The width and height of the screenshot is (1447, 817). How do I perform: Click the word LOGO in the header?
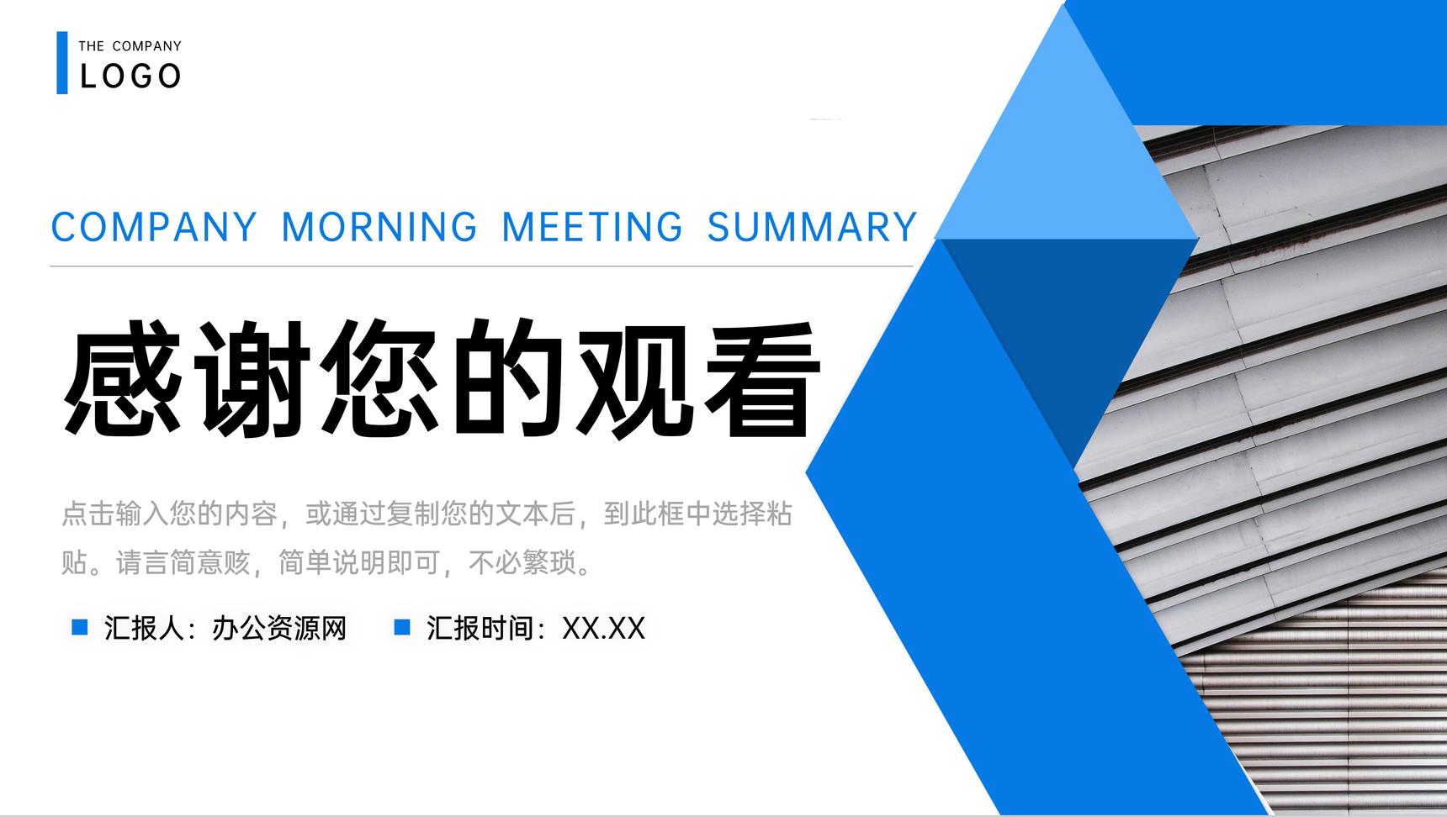coord(130,76)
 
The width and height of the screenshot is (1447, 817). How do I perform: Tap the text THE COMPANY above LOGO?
coord(130,46)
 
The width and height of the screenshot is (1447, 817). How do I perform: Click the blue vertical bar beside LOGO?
coord(62,63)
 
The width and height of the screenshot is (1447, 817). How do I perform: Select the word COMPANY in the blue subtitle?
coord(154,227)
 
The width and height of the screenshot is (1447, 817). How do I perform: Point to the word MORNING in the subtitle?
coord(379,227)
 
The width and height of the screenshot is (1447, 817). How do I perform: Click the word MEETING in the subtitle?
coord(592,227)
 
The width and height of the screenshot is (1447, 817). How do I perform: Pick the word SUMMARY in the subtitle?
coord(812,227)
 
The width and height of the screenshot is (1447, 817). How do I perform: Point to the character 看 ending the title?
coord(761,378)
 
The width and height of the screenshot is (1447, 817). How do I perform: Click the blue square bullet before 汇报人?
coord(80,627)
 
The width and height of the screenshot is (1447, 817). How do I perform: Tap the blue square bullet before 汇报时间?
coord(402,627)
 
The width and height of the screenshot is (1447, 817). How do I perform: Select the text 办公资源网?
coord(279,628)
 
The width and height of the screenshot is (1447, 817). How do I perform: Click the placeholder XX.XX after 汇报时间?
coord(603,628)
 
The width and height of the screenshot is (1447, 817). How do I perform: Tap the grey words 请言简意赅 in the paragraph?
coord(183,562)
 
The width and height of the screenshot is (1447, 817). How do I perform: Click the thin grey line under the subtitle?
coord(481,266)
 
